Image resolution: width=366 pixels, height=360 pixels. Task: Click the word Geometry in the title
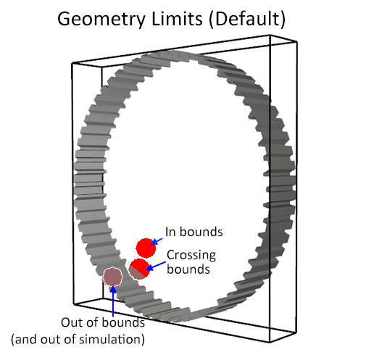coord(101,20)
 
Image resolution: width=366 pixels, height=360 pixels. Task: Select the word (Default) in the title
coord(247,20)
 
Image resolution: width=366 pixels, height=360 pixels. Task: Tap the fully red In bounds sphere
coord(146,248)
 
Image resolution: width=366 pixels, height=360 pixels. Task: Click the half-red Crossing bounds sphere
coord(138,269)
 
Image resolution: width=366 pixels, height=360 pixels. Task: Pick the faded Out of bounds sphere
coord(112,277)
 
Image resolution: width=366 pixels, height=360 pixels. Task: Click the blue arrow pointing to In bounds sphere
coord(157,241)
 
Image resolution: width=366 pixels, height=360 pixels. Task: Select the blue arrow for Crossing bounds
coord(156,266)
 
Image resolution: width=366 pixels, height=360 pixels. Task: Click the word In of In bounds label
coord(170,232)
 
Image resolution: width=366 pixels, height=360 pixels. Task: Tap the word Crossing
coord(191,256)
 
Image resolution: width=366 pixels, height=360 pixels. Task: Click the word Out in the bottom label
coord(70,322)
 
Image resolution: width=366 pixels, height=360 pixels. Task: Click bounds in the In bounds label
coord(201,232)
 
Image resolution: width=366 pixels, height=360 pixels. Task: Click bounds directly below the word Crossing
coord(188,269)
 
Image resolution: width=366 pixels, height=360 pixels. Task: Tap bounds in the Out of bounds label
coord(123,322)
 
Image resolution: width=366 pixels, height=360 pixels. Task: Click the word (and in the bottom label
coord(25,340)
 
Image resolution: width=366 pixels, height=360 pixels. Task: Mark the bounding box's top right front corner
coord(270,35)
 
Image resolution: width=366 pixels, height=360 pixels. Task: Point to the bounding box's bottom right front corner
coord(270,342)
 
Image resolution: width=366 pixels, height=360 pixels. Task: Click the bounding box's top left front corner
coord(72,63)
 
